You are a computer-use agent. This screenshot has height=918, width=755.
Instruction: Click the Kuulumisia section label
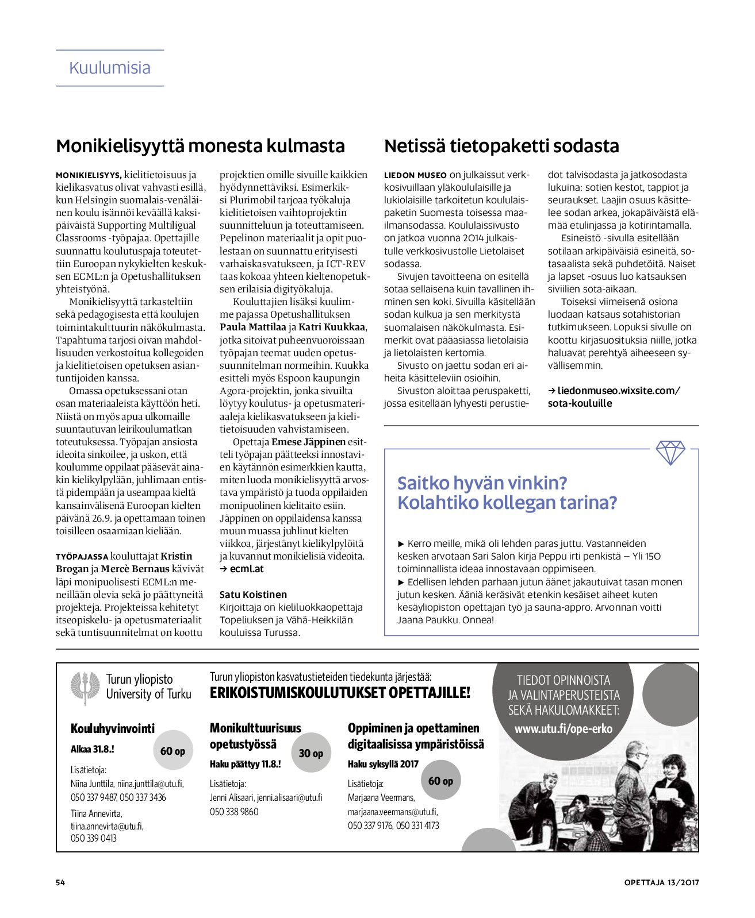click(x=110, y=68)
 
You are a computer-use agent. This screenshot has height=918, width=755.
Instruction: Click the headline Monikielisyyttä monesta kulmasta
click(x=200, y=146)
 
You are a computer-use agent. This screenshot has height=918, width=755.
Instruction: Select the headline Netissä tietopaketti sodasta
click(x=501, y=146)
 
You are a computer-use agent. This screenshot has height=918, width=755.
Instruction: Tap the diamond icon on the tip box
click(x=670, y=453)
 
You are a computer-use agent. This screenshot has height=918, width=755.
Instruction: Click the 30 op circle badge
click(x=311, y=753)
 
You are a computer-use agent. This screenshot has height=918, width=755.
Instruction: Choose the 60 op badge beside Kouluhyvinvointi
click(x=173, y=751)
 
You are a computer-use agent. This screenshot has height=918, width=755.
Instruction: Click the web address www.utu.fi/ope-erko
click(x=563, y=729)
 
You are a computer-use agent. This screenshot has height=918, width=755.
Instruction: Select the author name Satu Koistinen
click(x=253, y=595)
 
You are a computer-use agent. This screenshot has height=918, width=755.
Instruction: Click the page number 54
click(x=60, y=882)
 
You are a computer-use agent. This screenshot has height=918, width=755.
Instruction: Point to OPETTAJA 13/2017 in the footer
click(x=661, y=882)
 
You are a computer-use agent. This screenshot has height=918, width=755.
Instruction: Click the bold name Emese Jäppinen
click(x=308, y=442)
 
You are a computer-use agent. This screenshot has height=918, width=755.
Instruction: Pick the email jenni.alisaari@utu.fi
click(x=289, y=797)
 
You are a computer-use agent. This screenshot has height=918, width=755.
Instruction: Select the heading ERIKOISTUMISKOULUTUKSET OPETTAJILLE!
click(x=340, y=693)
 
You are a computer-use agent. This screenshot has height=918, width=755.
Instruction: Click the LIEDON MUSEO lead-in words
click(x=415, y=175)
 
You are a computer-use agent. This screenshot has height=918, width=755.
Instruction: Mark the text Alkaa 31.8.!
click(x=93, y=749)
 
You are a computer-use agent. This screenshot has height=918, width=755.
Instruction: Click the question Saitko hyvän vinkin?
click(x=482, y=483)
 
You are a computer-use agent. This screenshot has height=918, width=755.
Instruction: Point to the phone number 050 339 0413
click(x=94, y=838)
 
